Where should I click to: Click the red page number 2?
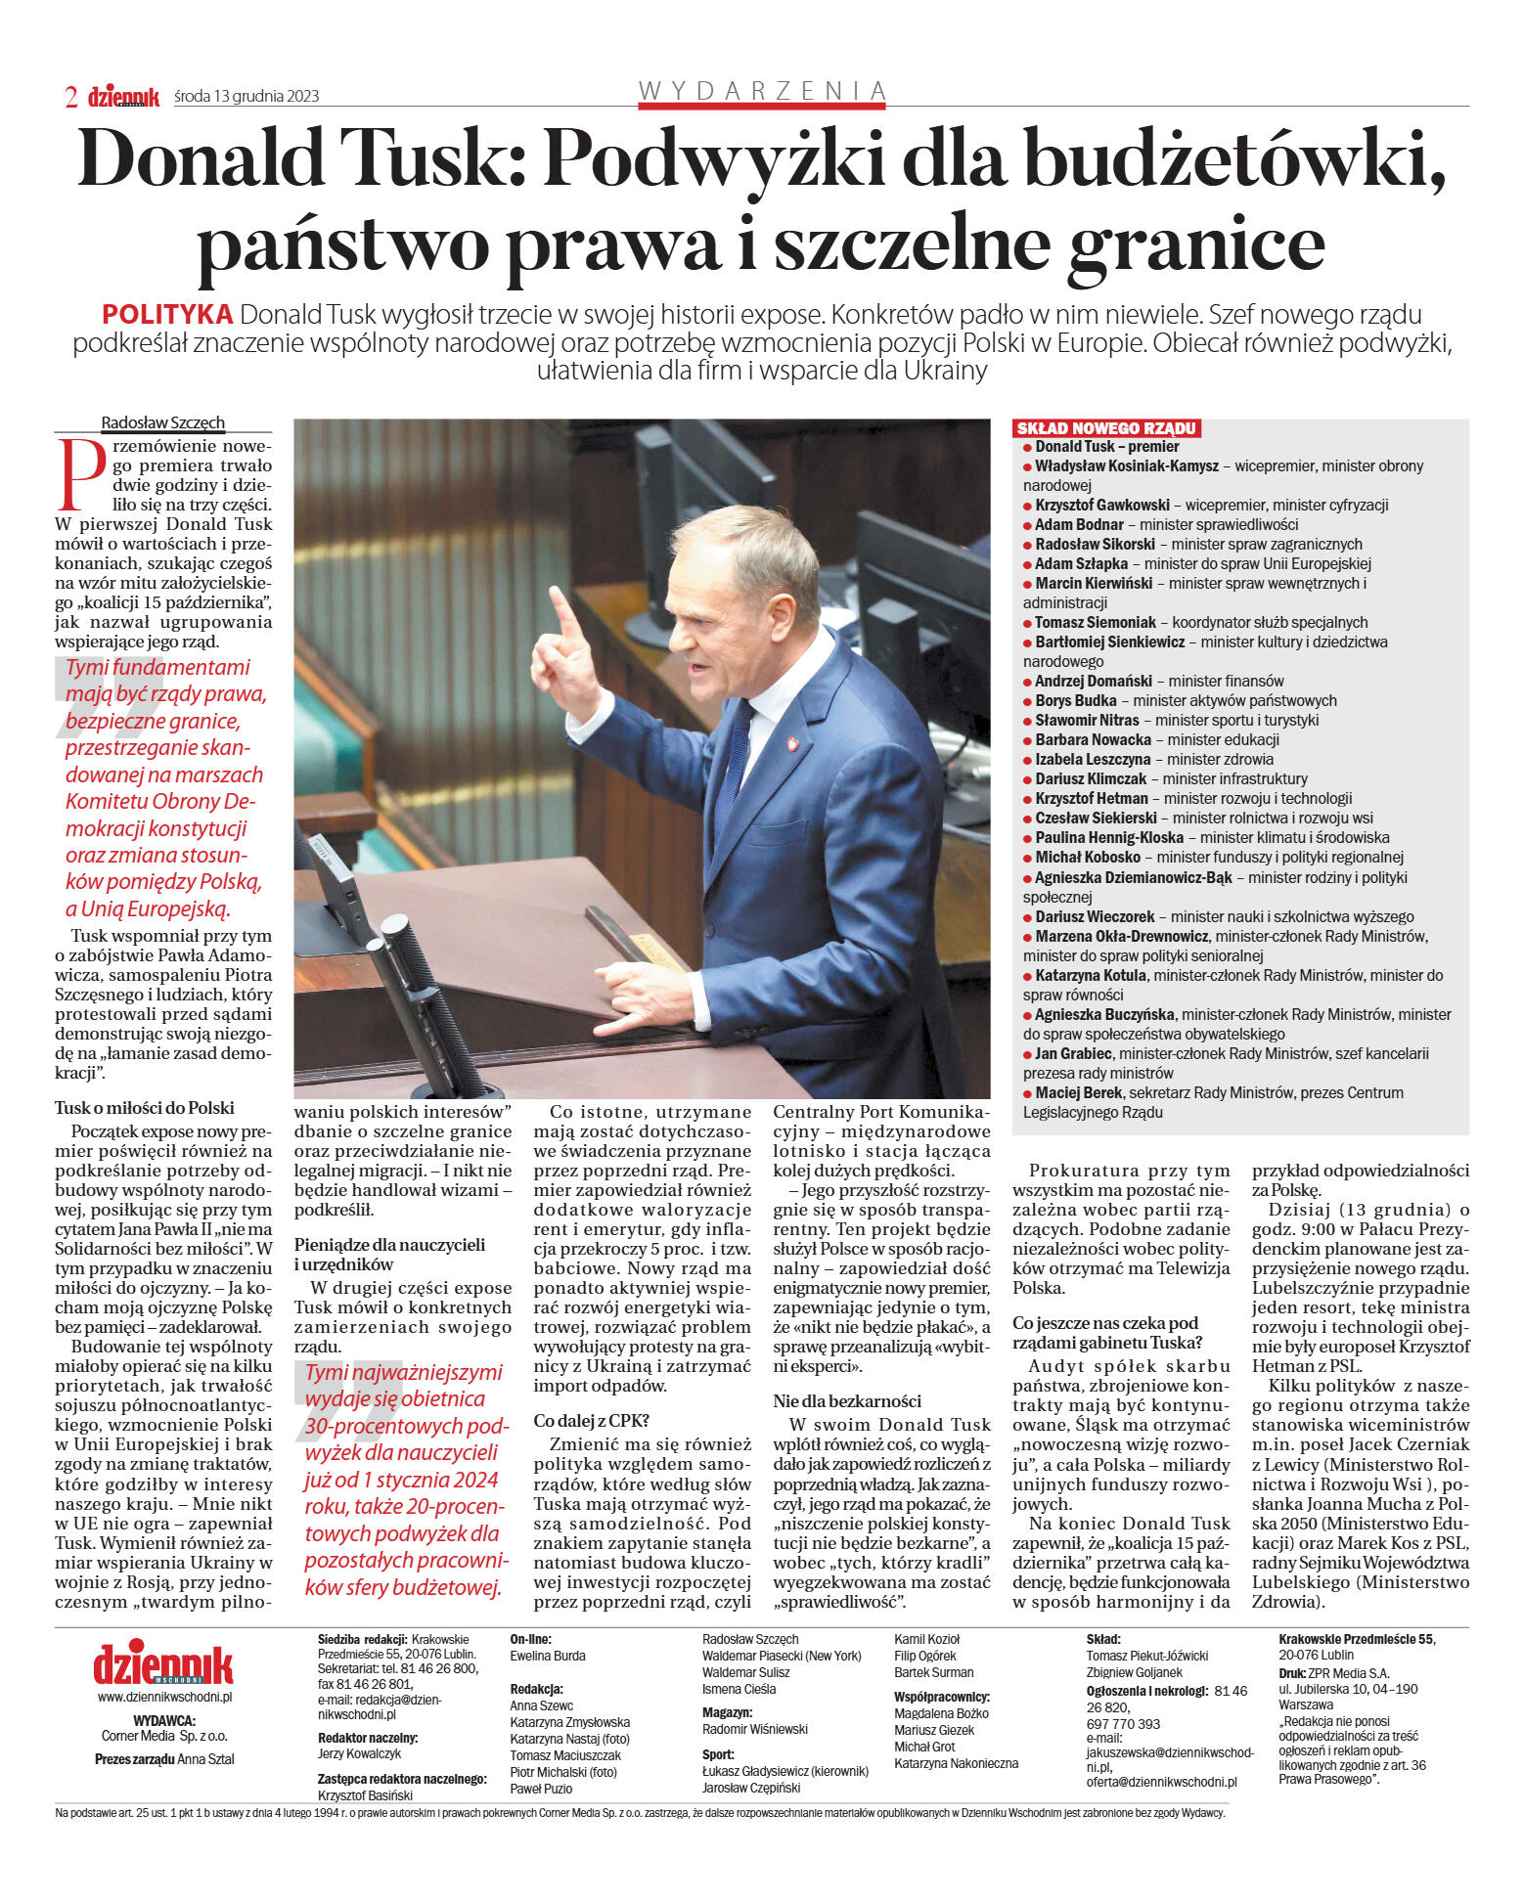pyautogui.click(x=70, y=96)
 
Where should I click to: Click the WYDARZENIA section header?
pyautogui.click(x=762, y=91)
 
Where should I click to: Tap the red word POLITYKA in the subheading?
pyautogui.click(x=167, y=315)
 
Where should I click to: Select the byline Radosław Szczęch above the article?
pyautogui.click(x=162, y=422)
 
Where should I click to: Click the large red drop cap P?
pyautogui.click(x=82, y=475)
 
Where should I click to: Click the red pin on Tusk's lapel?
pyautogui.click(x=792, y=743)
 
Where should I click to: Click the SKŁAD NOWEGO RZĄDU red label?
pyautogui.click(x=1105, y=428)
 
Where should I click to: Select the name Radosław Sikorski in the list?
pyautogui.click(x=1095, y=544)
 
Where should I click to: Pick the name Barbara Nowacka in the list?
pyautogui.click(x=1093, y=739)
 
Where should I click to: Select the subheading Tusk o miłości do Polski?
pyautogui.click(x=145, y=1108)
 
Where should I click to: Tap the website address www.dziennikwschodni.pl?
pyautogui.click(x=164, y=1698)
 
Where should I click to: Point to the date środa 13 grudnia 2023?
pyautogui.click(x=247, y=96)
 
